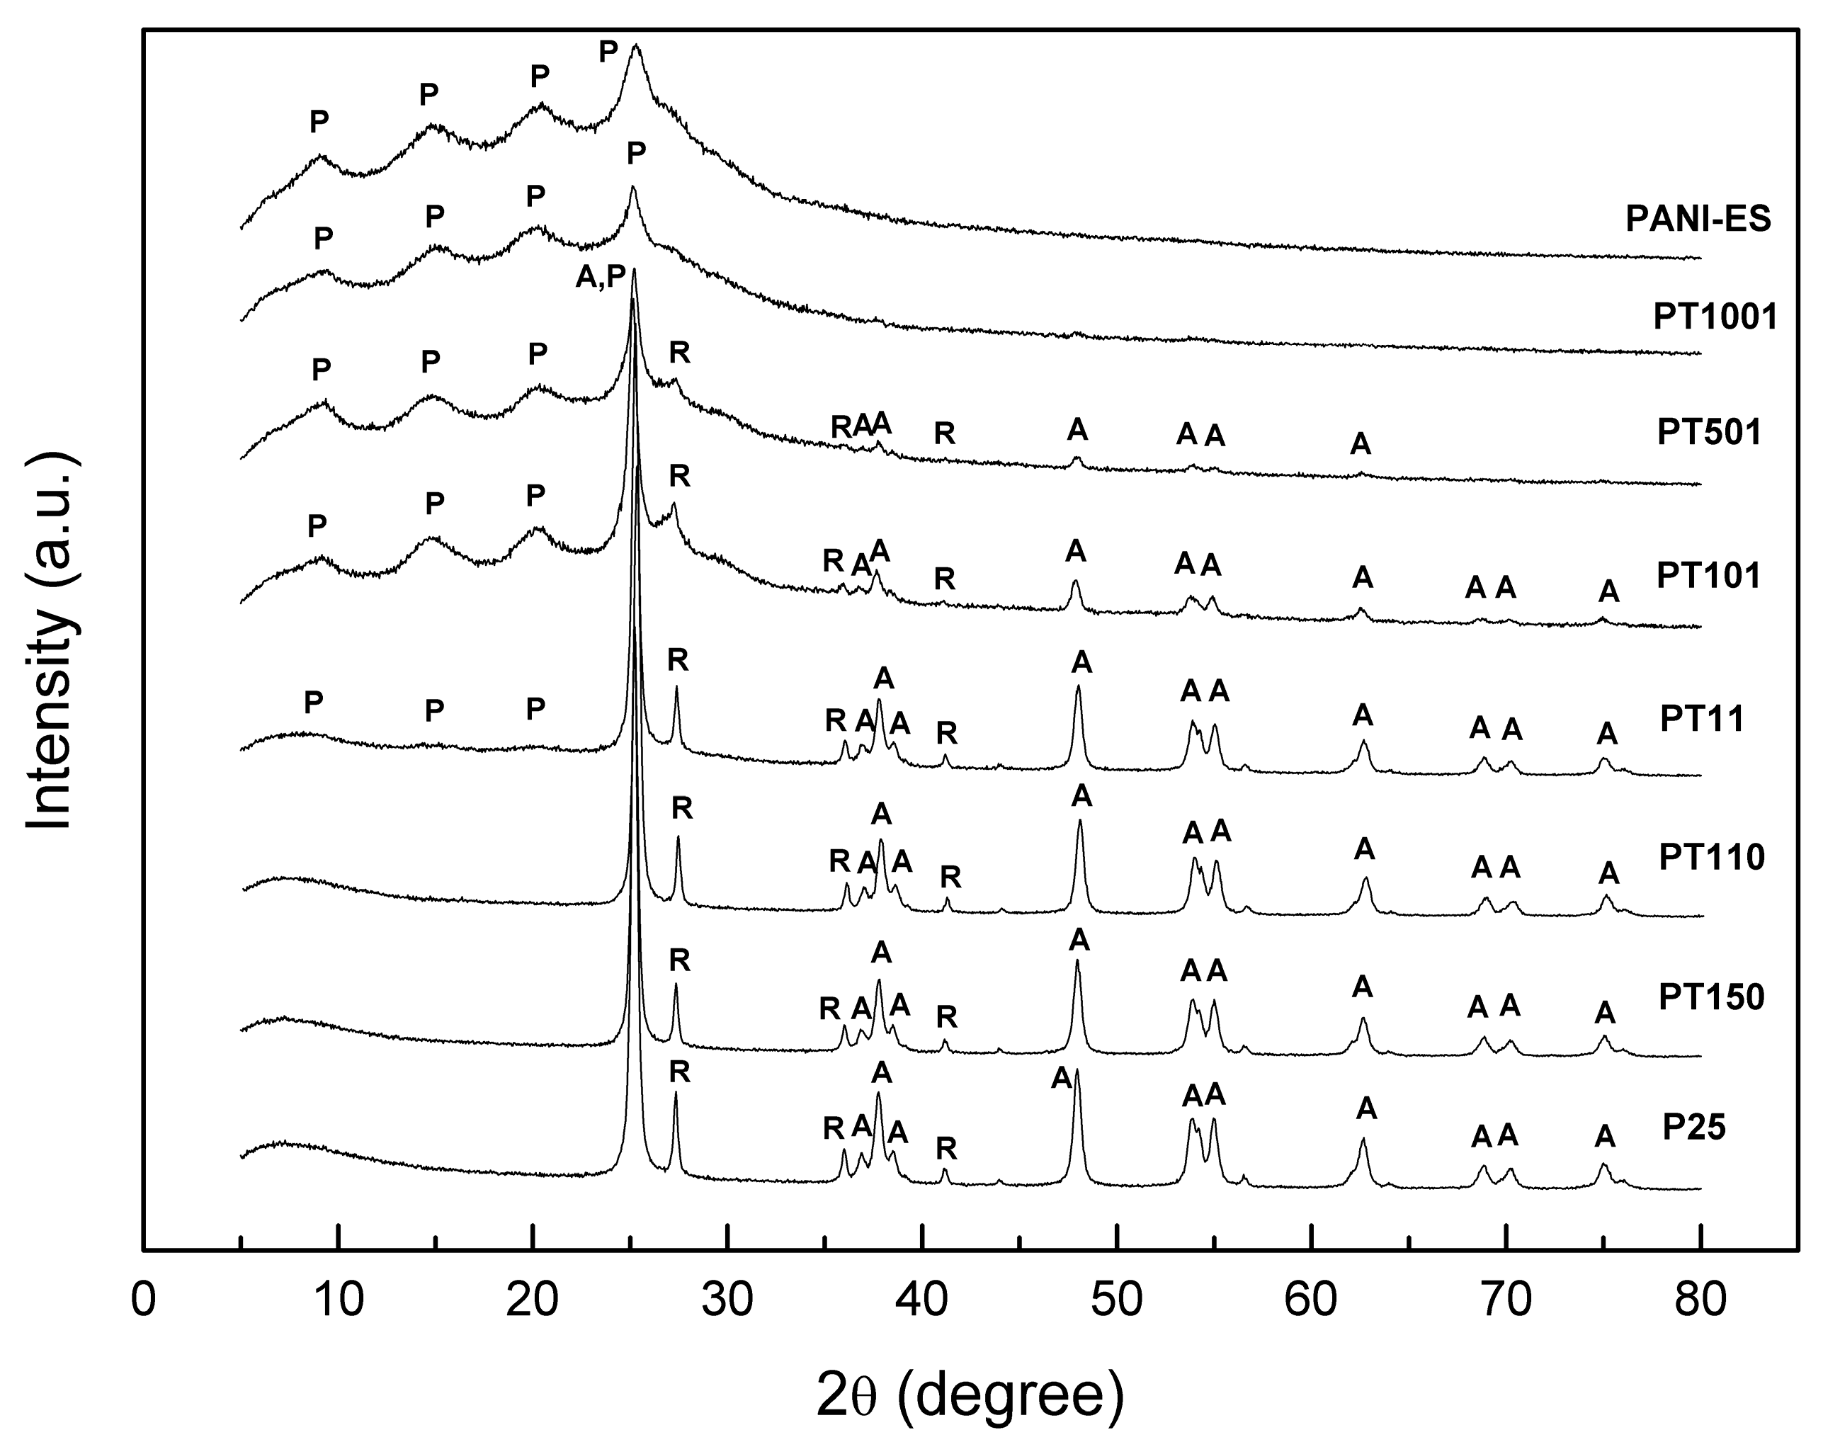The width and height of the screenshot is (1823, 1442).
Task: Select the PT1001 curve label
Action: (1715, 317)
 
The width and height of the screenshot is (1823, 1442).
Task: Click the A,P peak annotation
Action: (601, 277)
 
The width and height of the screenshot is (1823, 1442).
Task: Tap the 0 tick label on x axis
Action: (144, 1301)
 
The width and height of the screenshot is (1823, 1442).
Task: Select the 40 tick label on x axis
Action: (922, 1301)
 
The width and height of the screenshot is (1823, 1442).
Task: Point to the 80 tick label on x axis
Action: (1700, 1301)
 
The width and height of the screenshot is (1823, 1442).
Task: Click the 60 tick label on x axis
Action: (1312, 1301)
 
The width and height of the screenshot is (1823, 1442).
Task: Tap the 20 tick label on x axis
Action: (533, 1301)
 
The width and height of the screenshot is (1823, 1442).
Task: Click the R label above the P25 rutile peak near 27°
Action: (679, 1072)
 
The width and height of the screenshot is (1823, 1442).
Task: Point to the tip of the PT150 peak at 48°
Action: (1077, 960)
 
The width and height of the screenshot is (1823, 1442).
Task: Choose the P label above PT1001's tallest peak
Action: (636, 154)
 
